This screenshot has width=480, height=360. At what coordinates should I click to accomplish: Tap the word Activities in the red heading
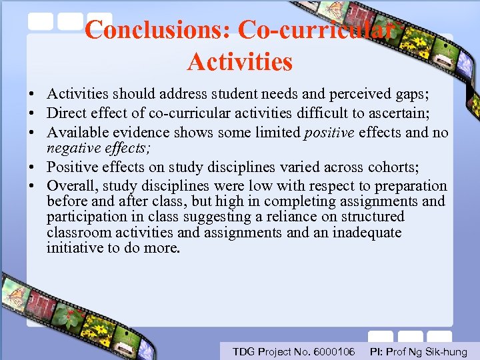click(239, 62)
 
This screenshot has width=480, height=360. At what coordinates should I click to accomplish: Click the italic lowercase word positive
click(329, 132)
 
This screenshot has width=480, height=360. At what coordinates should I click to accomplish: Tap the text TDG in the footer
click(243, 351)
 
